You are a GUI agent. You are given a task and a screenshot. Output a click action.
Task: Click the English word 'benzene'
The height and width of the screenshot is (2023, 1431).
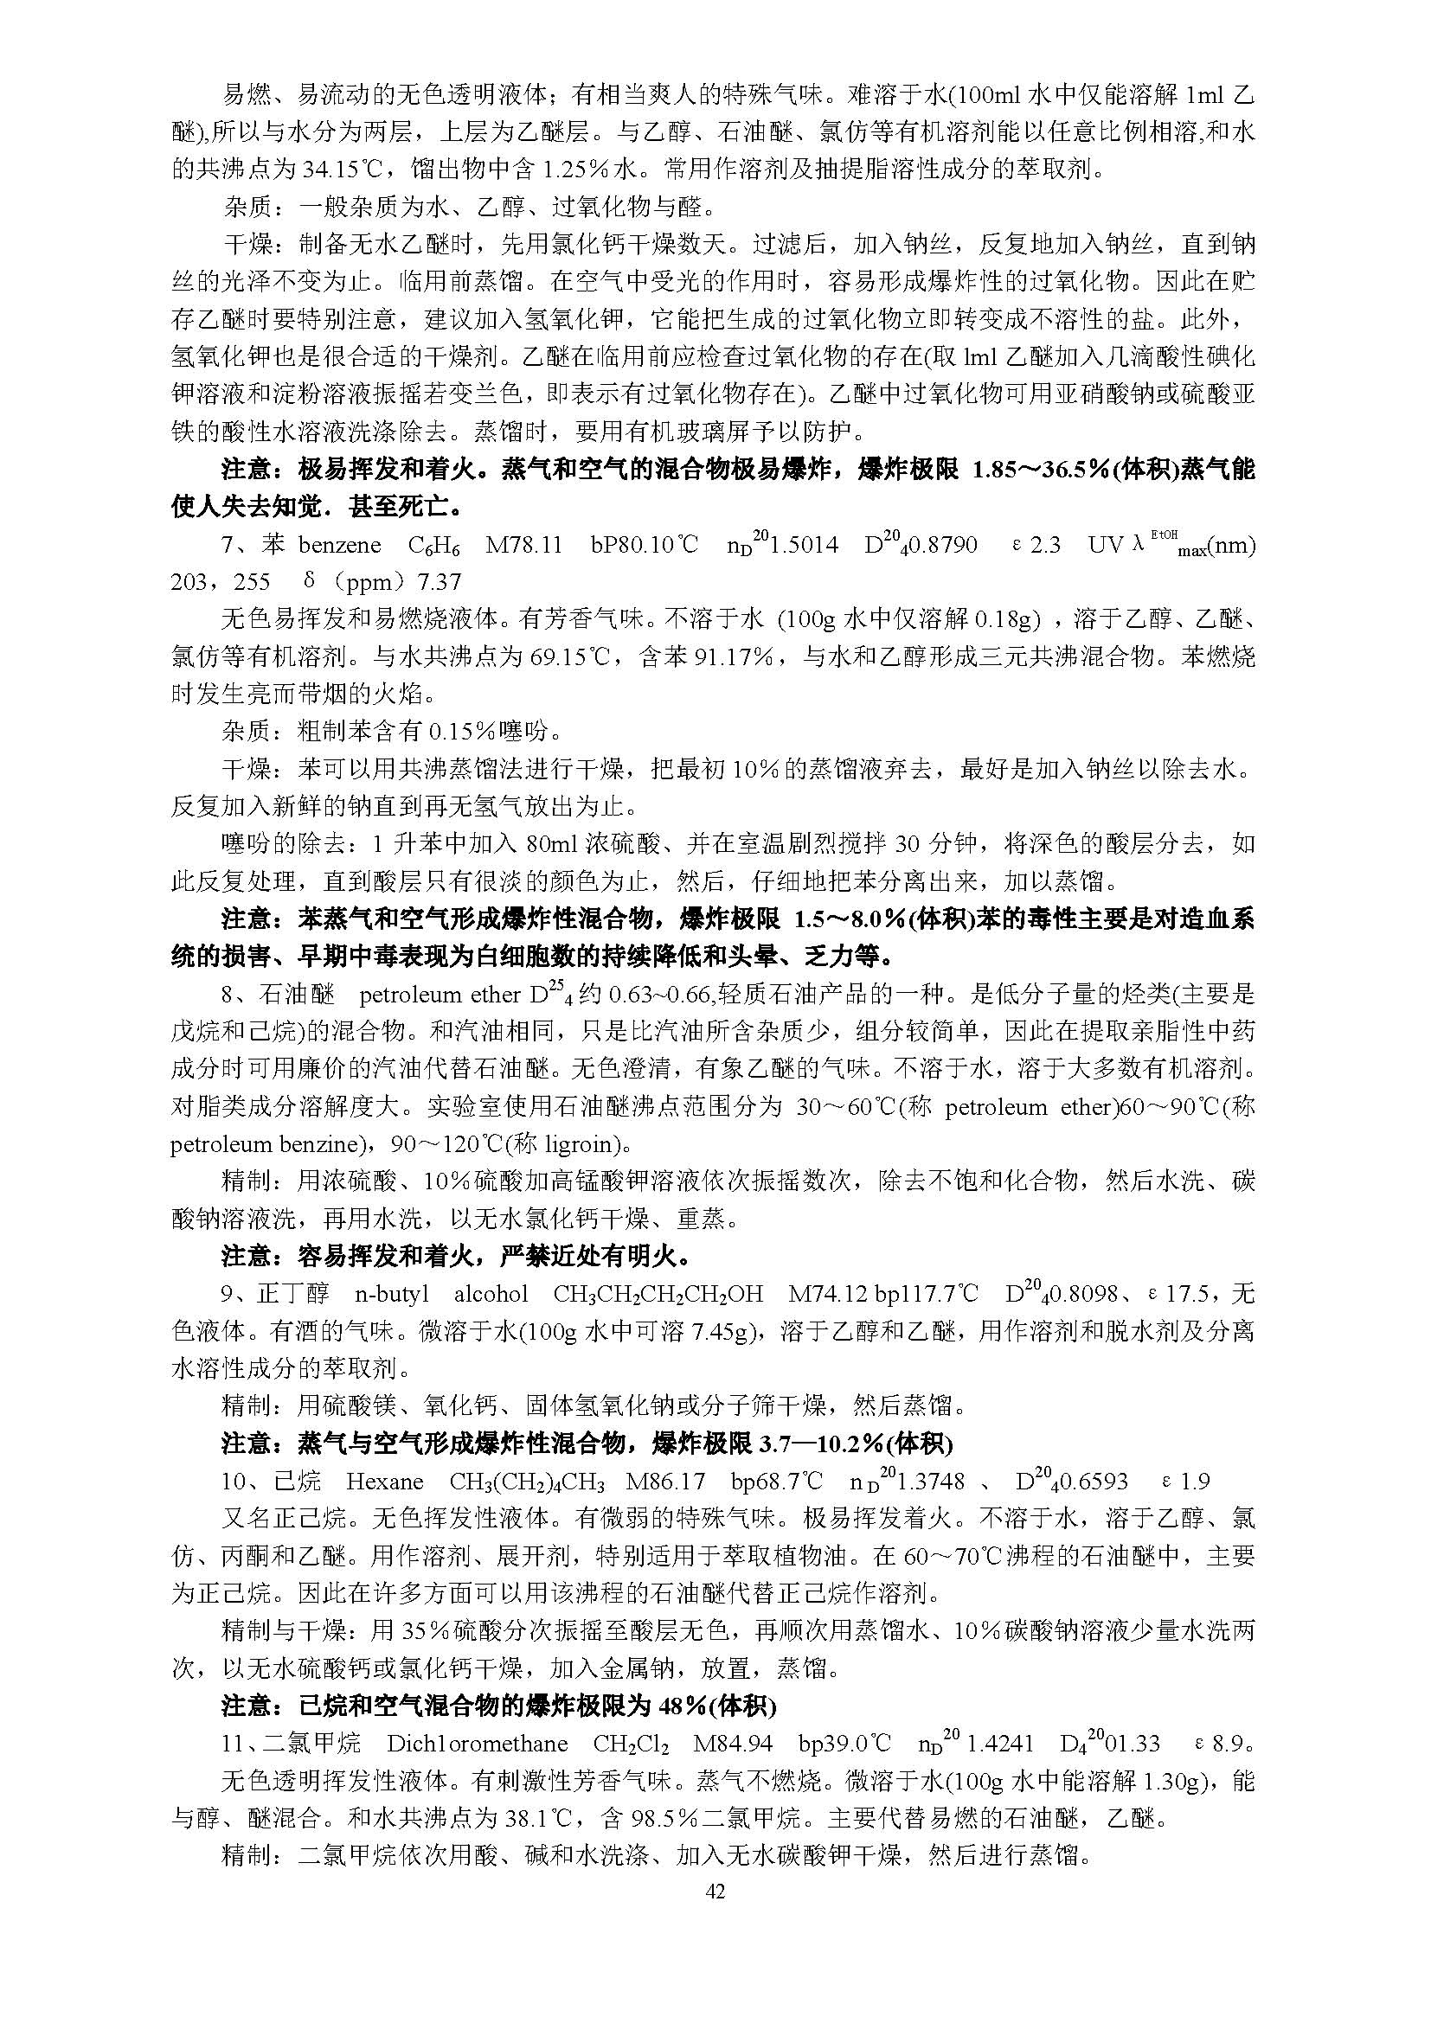(339, 546)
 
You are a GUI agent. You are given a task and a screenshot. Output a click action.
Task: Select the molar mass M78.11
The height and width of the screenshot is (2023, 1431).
(524, 546)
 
